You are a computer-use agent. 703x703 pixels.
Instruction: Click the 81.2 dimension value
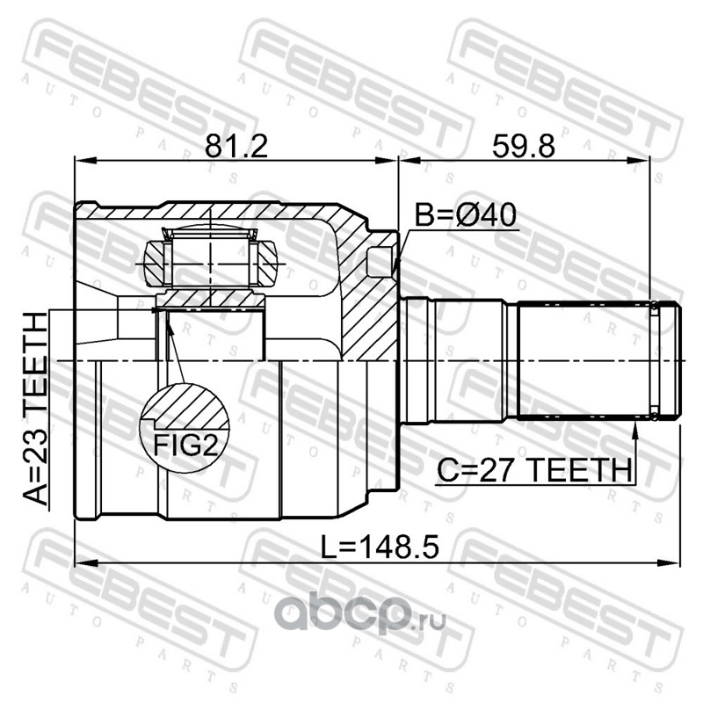point(236,146)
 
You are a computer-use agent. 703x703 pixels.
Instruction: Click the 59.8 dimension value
point(523,146)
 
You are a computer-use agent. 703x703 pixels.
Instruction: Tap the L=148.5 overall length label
point(380,547)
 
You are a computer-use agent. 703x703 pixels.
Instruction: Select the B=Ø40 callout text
point(466,214)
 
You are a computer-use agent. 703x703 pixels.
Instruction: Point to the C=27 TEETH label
point(534,470)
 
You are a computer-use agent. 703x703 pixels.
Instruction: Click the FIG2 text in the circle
point(185,446)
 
